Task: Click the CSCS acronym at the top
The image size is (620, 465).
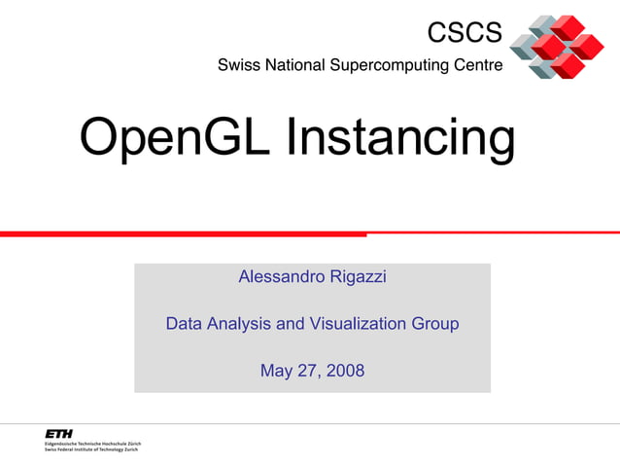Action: pos(465,33)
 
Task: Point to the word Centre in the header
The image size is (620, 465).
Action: pos(480,66)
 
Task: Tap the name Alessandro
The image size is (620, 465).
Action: pos(283,277)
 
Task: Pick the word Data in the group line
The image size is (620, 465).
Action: pos(185,324)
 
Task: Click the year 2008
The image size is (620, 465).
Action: pos(345,371)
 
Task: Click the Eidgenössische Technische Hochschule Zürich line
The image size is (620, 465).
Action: pos(92,444)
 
